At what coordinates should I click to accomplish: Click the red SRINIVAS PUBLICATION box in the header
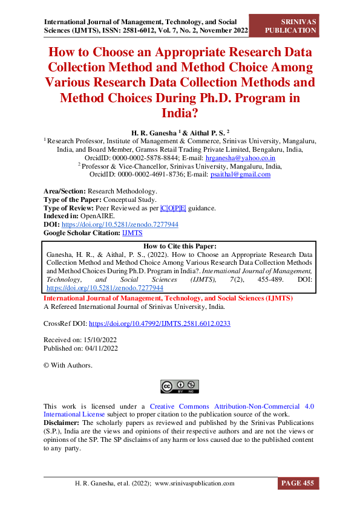(x=292, y=25)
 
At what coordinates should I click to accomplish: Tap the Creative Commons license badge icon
(x=180, y=386)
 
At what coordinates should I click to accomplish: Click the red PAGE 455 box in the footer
(x=298, y=484)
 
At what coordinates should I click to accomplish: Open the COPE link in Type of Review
(x=172, y=208)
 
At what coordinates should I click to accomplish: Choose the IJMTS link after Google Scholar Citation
(x=133, y=232)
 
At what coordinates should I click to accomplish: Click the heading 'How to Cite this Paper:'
(x=180, y=247)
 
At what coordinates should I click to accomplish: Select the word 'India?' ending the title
(x=180, y=113)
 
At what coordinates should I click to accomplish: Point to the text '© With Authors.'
(x=68, y=365)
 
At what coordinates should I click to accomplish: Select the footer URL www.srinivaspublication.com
(x=194, y=484)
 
